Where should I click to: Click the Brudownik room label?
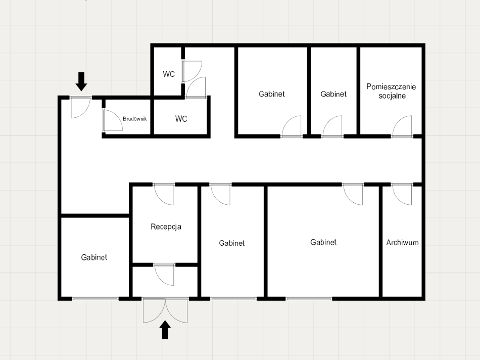[135, 119]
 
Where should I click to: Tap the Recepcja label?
[166, 227]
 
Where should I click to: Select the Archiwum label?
[402, 243]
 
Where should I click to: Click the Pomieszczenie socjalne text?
[391, 91]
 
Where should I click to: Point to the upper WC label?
[169, 74]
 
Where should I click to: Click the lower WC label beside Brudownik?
[181, 119]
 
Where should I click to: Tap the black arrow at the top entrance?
[81, 81]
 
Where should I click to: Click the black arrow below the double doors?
[165, 330]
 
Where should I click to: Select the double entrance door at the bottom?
[165, 310]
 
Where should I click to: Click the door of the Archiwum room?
[402, 194]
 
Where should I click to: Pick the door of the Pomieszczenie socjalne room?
[402, 126]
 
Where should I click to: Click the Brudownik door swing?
[113, 120]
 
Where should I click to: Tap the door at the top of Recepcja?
[164, 194]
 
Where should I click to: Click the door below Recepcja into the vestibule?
[164, 275]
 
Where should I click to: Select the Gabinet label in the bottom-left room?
[94, 257]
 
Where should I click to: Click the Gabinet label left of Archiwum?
[323, 242]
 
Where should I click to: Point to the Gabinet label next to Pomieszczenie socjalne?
[333, 94]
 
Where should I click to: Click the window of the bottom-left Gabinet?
[95, 299]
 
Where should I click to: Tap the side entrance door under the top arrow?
[81, 108]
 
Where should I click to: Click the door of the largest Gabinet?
[353, 194]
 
